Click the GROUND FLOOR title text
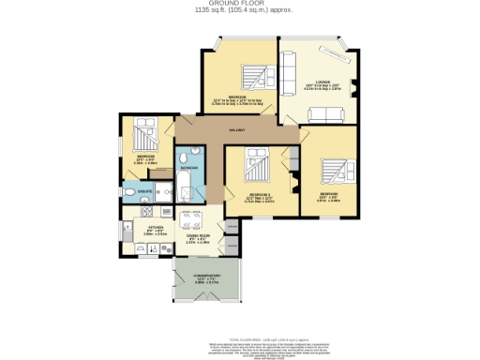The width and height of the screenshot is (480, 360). (x=239, y=4)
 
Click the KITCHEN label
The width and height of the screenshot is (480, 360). (x=154, y=226)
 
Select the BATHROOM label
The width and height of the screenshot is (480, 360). (x=189, y=167)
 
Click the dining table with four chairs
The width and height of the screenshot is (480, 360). (x=193, y=226)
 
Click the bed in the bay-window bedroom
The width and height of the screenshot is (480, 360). (x=250, y=76)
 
